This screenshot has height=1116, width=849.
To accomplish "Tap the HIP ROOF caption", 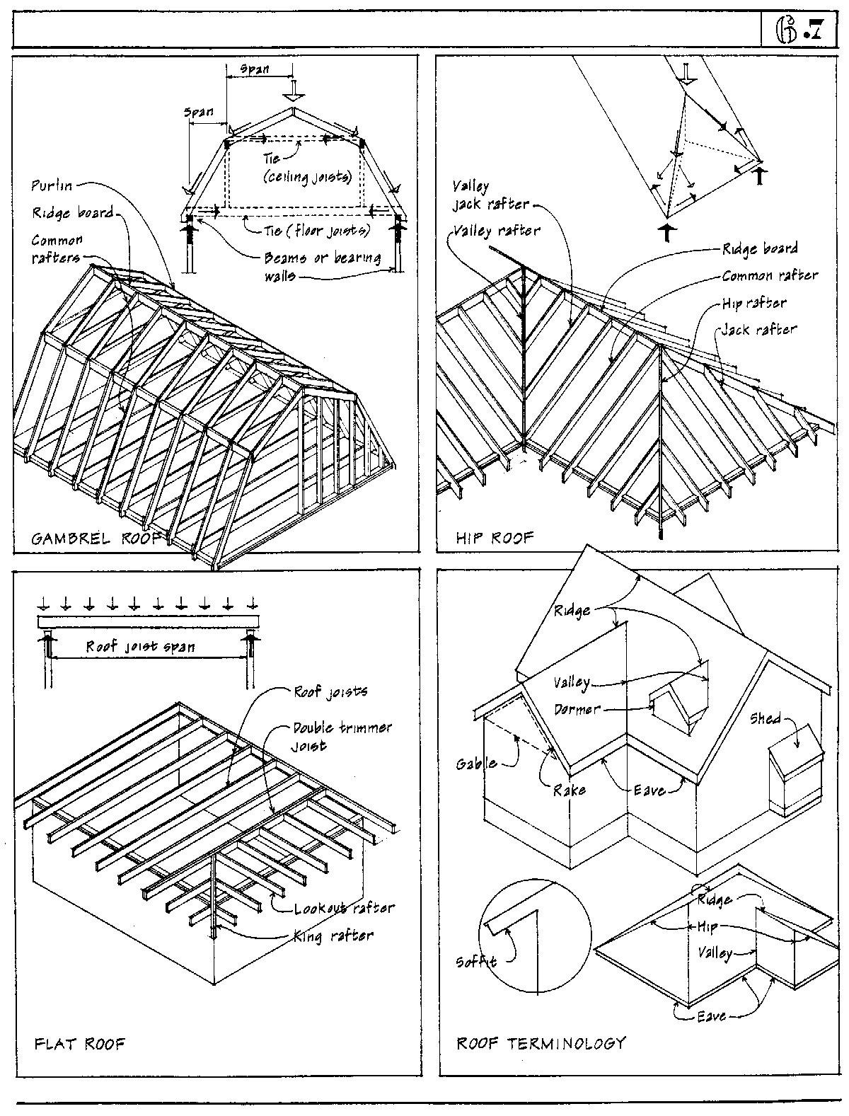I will coord(495,538).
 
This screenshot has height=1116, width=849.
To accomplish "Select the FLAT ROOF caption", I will coord(79,1044).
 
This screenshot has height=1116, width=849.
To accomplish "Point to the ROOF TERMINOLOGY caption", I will coord(541,1042).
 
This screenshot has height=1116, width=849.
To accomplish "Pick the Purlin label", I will coord(52,185).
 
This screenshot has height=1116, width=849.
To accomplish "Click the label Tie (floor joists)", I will coord(317,230).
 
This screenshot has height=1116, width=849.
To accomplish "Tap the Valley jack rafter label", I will coord(491,195).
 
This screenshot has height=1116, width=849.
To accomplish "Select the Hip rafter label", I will coord(754,303).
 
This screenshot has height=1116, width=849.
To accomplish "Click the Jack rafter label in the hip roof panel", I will coord(759,329).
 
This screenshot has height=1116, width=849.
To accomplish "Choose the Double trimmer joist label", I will coord(342,736).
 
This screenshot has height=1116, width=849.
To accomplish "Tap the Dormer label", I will coord(577,708).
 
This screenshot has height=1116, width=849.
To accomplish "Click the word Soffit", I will coord(476,961).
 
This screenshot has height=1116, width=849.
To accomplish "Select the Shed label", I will coord(766,719).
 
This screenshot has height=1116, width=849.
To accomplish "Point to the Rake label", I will coord(570,789).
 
